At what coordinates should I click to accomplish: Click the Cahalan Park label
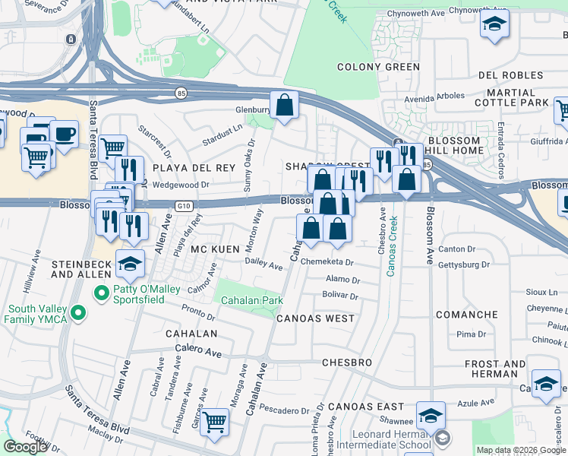pyautogui.click(x=252, y=301)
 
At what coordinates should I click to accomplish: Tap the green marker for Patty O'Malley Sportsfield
pyautogui.click(x=99, y=292)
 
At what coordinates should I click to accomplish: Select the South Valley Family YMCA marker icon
pyautogui.click(x=76, y=312)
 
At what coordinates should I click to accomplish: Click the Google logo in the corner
pyautogui.click(x=25, y=447)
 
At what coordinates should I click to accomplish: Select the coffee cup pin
pyautogui.click(x=64, y=135)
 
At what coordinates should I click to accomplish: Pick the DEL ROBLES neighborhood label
pyautogui.click(x=510, y=76)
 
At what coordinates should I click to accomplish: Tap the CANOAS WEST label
pyautogui.click(x=314, y=318)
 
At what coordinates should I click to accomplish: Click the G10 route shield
pyautogui.click(x=182, y=205)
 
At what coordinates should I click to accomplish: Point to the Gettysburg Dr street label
pyautogui.click(x=464, y=264)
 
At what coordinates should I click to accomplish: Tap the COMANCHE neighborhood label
pyautogui.click(x=466, y=315)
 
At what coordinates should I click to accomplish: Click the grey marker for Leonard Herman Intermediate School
pyautogui.click(x=442, y=439)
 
